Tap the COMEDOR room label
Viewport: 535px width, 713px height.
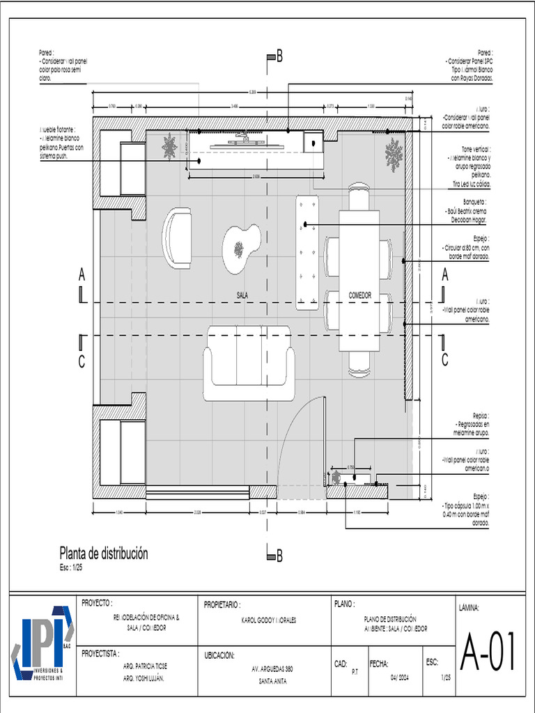(359, 296)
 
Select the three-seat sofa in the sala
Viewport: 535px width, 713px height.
(249, 363)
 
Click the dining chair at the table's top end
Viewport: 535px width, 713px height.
(359, 196)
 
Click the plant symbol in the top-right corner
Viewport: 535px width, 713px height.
(394, 154)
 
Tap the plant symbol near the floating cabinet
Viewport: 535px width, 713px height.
(169, 147)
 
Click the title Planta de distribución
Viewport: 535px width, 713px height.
(104, 554)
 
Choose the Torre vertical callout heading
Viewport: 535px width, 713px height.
(472, 149)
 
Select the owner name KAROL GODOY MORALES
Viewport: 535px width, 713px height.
(268, 620)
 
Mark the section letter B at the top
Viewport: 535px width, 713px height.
(279, 58)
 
